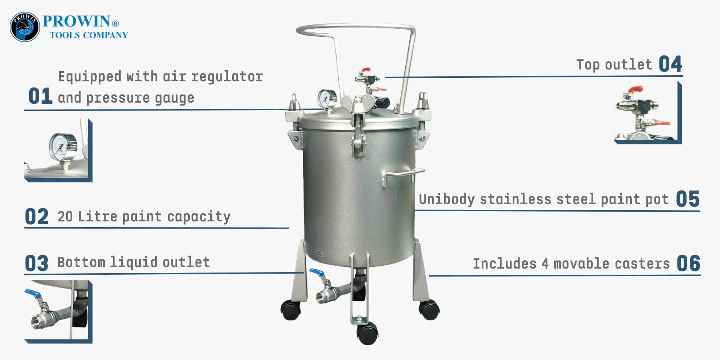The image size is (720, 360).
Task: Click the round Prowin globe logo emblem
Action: coord(25,27)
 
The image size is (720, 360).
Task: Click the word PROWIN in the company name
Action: coord(76,21)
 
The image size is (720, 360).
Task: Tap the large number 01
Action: coord(41,96)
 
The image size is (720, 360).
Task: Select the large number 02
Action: coord(36,217)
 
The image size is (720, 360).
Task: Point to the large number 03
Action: coord(36,264)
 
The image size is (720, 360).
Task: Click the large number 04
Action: coord(670,64)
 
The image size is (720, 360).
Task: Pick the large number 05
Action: coord(688,199)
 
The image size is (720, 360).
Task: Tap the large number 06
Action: coord(688,264)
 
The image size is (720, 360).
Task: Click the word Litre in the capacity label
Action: coord(98,216)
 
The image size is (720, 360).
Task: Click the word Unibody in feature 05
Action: coord(447,199)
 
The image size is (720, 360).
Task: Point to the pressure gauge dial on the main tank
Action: coord(327,98)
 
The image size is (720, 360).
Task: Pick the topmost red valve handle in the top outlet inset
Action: coord(635,89)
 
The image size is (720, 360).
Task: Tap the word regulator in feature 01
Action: coord(227,77)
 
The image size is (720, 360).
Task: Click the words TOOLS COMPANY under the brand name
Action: coord(89,35)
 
